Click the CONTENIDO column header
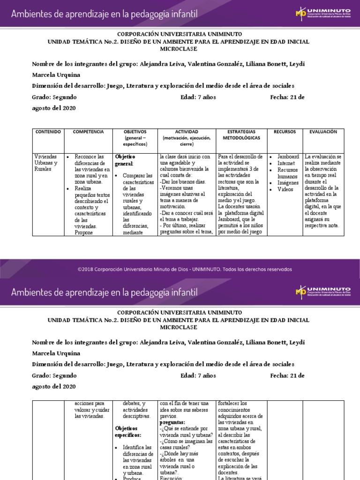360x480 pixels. pos(48,132)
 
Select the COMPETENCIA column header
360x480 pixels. pos(88,132)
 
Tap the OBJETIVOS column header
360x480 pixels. pos(135,132)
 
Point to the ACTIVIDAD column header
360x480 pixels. pos(187,132)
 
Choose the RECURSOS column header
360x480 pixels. pos(285,132)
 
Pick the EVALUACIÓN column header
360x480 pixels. pos(323,132)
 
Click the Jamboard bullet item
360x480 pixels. pos(288,157)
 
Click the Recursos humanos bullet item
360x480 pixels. pos(288,173)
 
